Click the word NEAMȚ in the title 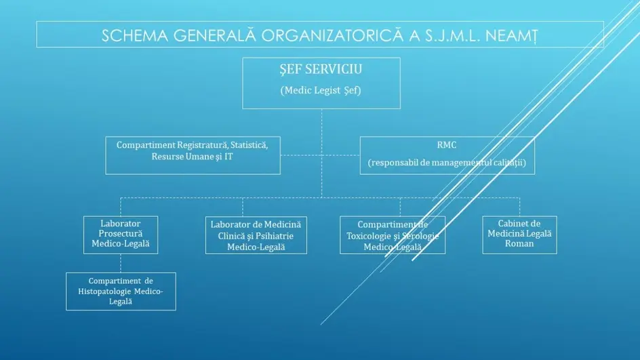(x=511, y=36)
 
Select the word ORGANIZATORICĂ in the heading (x=332, y=35)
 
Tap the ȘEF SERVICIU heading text (x=321, y=69)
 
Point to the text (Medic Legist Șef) (x=321, y=90)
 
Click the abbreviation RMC (x=447, y=145)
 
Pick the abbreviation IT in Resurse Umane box (x=228, y=157)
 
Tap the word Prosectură (x=121, y=233)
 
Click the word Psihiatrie (x=273, y=236)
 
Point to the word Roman (x=519, y=243)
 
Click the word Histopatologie (x=105, y=292)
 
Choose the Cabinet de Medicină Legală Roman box (x=519, y=235)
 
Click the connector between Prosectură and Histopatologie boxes (x=121, y=263)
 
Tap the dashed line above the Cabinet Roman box (x=519, y=207)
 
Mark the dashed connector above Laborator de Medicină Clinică (x=243, y=207)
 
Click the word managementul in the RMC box (x=456, y=163)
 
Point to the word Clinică (x=231, y=236)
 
